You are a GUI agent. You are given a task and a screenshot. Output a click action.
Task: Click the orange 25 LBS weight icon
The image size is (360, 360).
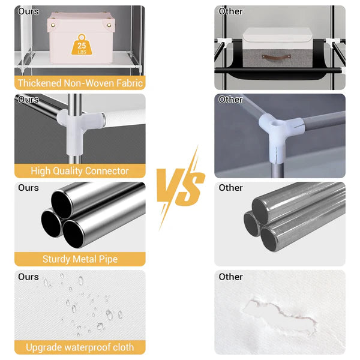coord(82,45)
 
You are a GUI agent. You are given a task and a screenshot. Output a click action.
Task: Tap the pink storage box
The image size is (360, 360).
coord(81,38)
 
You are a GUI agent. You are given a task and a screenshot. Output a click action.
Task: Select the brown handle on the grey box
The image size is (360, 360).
coord(276,56)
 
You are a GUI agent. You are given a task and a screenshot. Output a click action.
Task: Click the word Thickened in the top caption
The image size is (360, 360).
coord(40,83)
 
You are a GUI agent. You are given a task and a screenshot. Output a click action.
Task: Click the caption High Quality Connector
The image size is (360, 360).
coord(80,171)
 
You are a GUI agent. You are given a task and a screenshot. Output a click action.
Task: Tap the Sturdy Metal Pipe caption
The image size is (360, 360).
coord(80,259)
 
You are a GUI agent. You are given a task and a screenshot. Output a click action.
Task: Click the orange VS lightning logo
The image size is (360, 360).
coord(181,187)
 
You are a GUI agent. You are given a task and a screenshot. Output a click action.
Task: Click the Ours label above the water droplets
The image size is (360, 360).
coord(28,277)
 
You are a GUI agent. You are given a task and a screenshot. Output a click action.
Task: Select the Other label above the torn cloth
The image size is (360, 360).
coord(230,277)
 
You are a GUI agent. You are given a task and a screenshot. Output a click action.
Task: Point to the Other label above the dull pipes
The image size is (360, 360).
coord(230,188)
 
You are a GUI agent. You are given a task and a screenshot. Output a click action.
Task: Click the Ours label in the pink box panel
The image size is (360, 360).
coord(28,11)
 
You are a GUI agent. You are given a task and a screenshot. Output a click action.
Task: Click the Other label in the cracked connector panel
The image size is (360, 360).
coord(230,100)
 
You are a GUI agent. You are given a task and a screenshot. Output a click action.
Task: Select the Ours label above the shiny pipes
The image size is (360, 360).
coord(28,188)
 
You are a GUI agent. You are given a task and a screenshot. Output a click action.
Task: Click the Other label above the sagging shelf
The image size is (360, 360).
coord(230,11)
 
